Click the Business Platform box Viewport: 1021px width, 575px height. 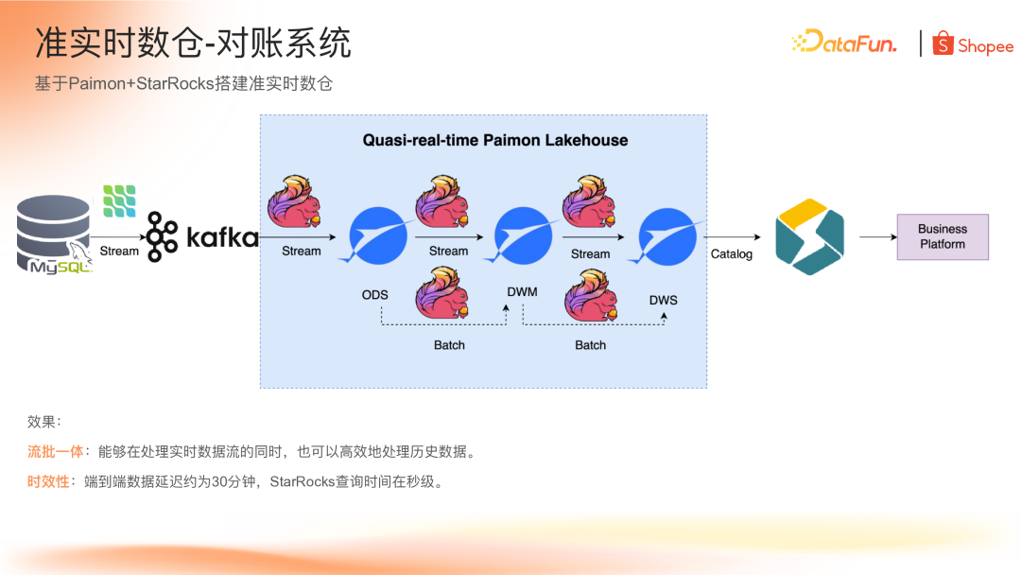[943, 236]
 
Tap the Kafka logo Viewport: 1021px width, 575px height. [202, 236]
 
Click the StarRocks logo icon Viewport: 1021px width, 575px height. [809, 236]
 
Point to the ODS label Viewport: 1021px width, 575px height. [375, 295]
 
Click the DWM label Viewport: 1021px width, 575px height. [522, 292]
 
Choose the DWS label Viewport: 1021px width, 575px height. [663, 301]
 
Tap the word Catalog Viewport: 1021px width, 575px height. [732, 254]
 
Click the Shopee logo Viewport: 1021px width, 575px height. [973, 44]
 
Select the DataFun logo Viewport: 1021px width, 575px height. [844, 42]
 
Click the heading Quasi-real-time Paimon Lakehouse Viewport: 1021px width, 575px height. [495, 140]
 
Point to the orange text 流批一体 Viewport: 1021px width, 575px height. [56, 452]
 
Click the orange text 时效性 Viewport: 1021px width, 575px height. [48, 482]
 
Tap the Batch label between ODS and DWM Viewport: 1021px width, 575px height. [449, 345]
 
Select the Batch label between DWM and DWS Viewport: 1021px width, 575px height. [590, 345]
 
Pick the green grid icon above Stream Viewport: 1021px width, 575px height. [119, 201]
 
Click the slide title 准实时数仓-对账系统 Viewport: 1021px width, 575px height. [193, 43]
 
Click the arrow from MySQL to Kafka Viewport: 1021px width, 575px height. [118, 237]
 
